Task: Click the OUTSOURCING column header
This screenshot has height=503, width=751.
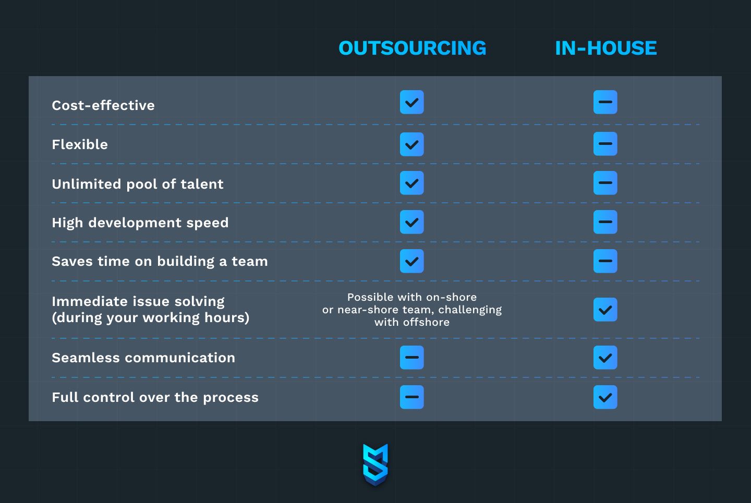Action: [413, 48]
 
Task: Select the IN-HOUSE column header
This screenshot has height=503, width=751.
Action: [606, 48]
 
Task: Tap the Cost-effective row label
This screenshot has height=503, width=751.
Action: [103, 105]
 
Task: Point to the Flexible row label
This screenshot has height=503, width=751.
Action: [80, 144]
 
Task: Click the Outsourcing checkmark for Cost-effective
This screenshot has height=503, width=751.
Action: [411, 102]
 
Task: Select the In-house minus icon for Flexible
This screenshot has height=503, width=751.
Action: [605, 144]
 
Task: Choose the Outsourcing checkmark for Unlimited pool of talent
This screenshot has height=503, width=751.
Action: [411, 183]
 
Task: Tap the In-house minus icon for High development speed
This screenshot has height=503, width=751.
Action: [605, 222]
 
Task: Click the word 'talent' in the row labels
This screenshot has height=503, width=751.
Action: [202, 184]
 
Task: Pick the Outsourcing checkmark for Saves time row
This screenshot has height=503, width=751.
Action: [411, 261]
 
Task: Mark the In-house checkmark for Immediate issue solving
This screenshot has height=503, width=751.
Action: [605, 310]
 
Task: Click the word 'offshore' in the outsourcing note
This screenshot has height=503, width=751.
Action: [426, 322]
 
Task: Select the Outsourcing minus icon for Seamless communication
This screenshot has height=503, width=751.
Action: [411, 358]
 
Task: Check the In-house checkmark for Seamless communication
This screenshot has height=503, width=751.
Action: [605, 358]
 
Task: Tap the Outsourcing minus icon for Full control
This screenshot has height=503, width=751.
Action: [411, 397]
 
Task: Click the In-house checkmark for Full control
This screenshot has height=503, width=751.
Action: [605, 397]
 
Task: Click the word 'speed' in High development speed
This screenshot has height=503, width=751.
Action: [208, 223]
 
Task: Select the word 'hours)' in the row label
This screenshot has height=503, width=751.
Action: [227, 317]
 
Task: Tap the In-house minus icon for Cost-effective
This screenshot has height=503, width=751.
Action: [605, 102]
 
